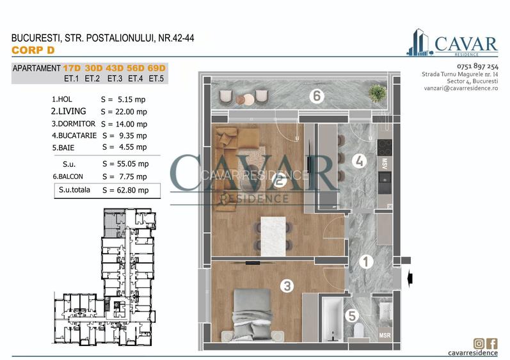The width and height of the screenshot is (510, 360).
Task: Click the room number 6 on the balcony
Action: coord(315,97)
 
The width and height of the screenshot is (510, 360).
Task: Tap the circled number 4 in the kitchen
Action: coord(360,161)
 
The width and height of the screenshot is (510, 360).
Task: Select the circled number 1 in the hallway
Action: coord(365,262)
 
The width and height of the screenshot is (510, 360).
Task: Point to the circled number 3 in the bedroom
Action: coord(287,286)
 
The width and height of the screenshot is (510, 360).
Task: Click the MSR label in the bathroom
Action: coord(385,335)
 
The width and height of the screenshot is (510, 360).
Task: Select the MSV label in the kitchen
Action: coord(385,163)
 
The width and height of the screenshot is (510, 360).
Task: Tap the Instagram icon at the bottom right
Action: coord(479,343)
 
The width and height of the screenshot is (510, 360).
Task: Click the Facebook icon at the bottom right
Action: coord(492,343)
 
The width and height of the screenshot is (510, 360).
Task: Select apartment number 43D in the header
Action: coord(115,68)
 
